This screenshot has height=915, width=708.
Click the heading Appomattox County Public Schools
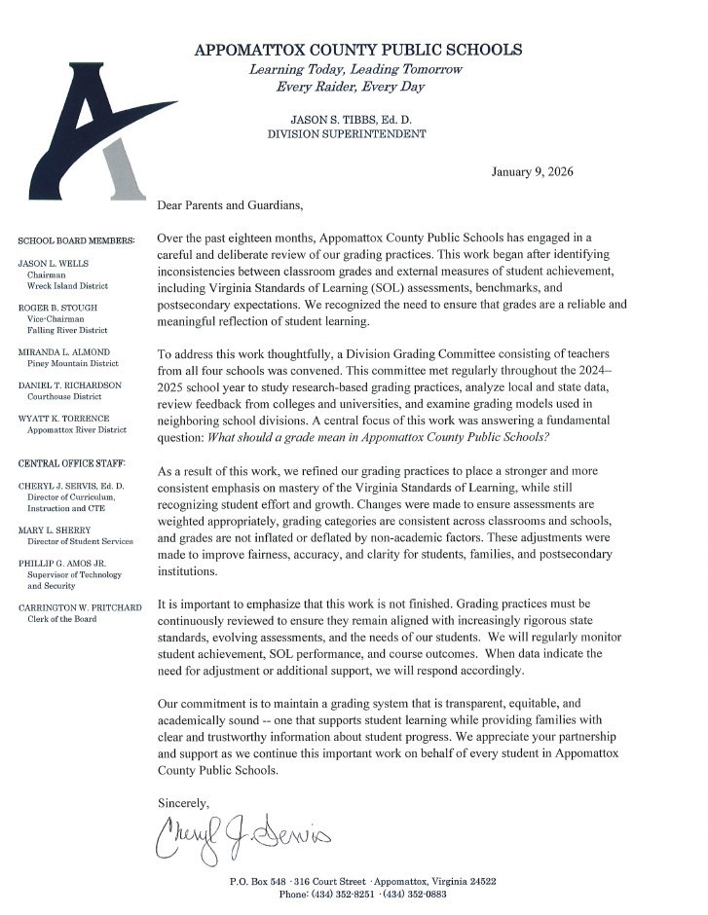pyautogui.click(x=359, y=50)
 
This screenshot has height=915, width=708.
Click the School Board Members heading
pyautogui.click(x=76, y=239)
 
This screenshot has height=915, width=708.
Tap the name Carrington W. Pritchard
pyautogui.click(x=80, y=608)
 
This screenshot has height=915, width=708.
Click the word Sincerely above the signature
pyautogui.click(x=183, y=802)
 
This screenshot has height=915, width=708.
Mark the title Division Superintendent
pyautogui.click(x=347, y=134)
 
